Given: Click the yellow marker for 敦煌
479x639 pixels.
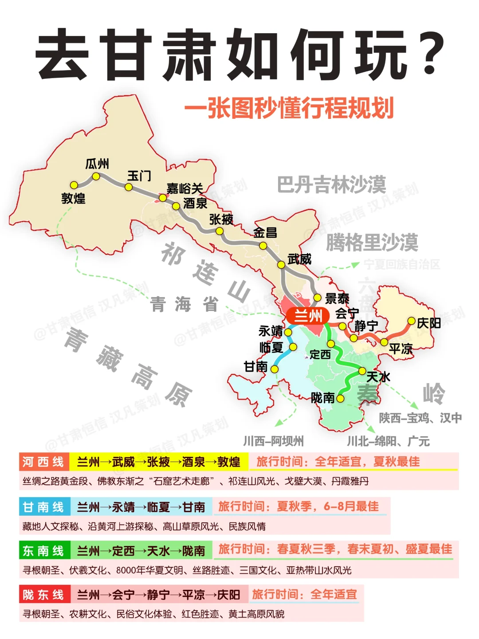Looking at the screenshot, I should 74,185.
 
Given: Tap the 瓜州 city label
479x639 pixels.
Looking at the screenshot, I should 97,164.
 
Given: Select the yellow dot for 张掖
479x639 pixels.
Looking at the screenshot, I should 219,231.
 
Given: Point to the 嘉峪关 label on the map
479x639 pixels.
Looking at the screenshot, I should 185,188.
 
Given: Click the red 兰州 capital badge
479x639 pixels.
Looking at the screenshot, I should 308,316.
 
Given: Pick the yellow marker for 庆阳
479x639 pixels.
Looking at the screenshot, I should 412,321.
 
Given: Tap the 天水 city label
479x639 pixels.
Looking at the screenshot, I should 378,377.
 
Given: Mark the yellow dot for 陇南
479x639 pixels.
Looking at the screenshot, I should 340,398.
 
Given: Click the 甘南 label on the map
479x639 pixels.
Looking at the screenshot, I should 256,367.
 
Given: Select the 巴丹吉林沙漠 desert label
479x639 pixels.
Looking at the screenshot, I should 331,184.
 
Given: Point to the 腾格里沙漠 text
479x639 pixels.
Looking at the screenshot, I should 372,242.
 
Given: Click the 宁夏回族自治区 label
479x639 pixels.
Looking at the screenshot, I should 402,265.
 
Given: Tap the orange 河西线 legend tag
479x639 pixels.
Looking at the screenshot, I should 43,462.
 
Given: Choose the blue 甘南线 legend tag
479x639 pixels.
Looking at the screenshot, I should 43,507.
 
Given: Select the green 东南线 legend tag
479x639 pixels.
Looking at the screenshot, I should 43,551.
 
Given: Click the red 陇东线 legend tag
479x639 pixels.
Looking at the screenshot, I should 43,595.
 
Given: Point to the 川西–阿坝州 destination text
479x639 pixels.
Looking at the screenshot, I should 273,441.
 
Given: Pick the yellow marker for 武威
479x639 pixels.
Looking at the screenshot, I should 281,265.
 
